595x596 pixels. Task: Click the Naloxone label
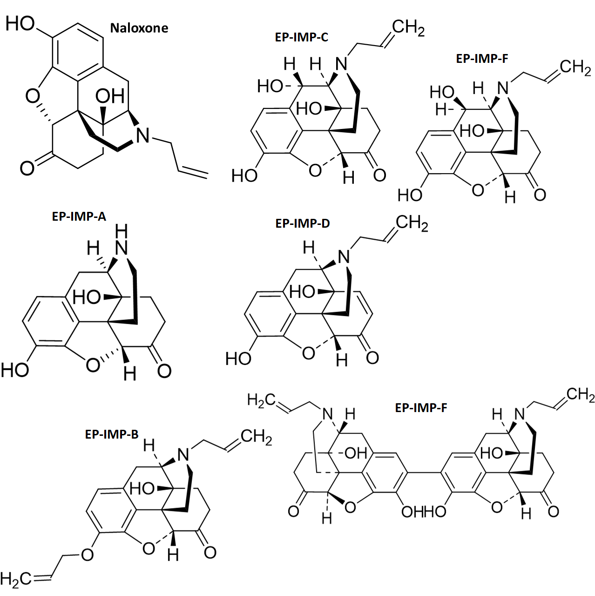(139, 28)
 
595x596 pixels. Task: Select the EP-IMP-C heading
(301, 37)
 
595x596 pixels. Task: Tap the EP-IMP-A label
(79, 217)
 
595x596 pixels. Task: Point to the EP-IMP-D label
(303, 223)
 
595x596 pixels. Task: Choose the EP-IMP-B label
(112, 434)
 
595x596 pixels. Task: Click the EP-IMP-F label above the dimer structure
(421, 408)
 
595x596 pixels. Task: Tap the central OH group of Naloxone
(110, 96)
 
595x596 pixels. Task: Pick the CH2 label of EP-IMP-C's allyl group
(408, 28)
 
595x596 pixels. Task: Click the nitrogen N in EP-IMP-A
(122, 248)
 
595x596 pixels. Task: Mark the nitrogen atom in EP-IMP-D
(344, 257)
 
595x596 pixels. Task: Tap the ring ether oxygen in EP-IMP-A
(93, 365)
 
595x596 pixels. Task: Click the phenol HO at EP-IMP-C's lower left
(244, 176)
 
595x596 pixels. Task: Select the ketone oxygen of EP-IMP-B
(210, 552)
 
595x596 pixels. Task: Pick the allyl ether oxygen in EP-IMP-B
(87, 554)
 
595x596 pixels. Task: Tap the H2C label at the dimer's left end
(261, 400)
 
